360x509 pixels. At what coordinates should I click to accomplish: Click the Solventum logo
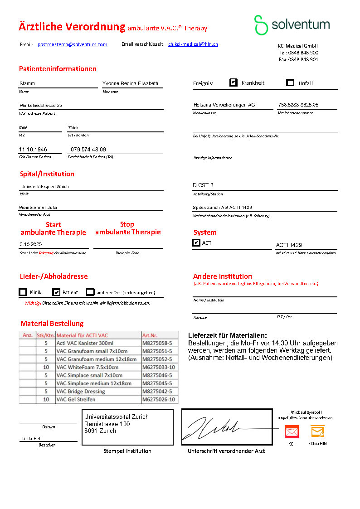click(x=292, y=24)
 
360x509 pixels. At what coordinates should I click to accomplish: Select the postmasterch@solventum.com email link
click(x=73, y=44)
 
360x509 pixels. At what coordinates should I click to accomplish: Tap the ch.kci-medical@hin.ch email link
click(x=193, y=44)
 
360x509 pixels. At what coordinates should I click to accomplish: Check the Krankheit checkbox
click(x=234, y=82)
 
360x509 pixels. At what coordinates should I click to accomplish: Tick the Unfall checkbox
click(x=291, y=82)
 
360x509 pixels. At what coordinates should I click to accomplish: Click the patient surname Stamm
click(x=27, y=83)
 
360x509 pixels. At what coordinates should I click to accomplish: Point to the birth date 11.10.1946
click(x=33, y=150)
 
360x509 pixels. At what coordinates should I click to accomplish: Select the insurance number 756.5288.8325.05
click(x=298, y=105)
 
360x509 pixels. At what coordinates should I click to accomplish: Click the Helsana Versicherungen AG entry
click(x=224, y=105)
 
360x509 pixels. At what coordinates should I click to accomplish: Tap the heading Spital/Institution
click(x=47, y=174)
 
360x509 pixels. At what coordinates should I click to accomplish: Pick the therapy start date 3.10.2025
click(x=34, y=244)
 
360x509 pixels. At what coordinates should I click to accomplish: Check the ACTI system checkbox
click(x=196, y=243)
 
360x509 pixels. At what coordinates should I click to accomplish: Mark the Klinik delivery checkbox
click(x=23, y=292)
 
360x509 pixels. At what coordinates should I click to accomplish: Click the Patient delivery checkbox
click(x=56, y=292)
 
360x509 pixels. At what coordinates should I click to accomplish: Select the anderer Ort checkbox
click(x=90, y=292)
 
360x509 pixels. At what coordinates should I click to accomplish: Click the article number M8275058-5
click(x=157, y=343)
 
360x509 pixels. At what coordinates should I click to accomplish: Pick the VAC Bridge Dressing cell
click(x=81, y=391)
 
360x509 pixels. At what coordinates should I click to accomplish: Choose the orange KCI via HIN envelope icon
click(x=317, y=431)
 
